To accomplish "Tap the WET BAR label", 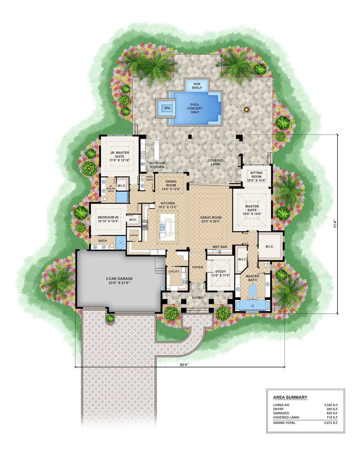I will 220,247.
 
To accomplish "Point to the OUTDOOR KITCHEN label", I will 157,165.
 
